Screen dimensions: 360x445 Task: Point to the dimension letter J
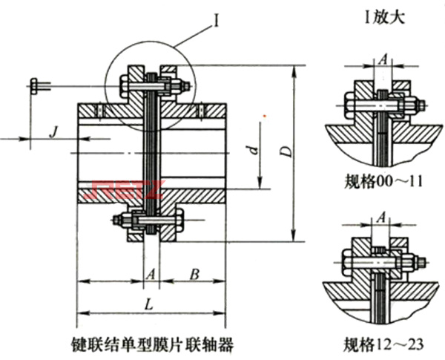(53, 131)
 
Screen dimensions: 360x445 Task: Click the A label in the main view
(150, 273)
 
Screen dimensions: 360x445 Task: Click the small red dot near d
(265, 116)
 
